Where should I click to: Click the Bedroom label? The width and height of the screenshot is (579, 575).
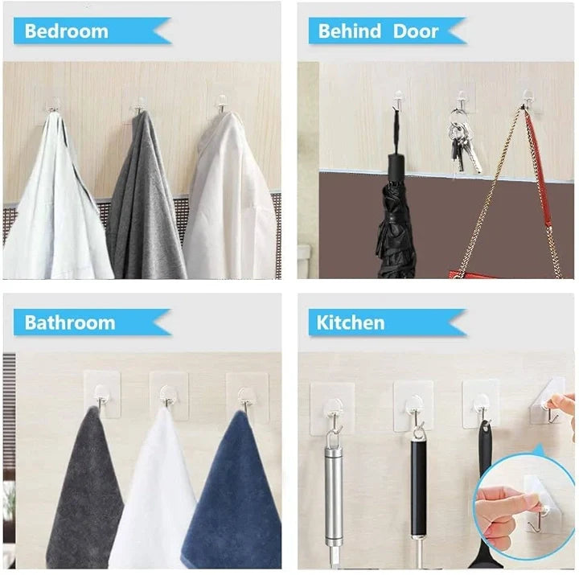(66, 31)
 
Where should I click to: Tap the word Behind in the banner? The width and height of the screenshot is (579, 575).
(349, 31)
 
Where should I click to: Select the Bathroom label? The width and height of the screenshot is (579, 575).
(69, 322)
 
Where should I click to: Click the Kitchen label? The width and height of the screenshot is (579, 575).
(351, 322)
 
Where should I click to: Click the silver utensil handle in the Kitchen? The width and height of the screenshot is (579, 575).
(332, 491)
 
